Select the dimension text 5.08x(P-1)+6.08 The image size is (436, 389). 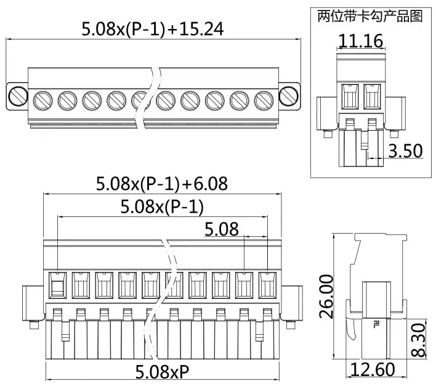point(162,183)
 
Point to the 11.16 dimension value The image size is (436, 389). point(361,41)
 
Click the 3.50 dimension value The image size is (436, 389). point(405,150)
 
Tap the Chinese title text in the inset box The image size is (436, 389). point(369,16)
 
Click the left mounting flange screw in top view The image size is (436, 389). point(18,96)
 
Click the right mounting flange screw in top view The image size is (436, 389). point(288,96)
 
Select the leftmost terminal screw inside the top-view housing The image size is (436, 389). point(42,99)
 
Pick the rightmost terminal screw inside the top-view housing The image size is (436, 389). point(264,99)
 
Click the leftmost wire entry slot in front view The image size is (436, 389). point(57,285)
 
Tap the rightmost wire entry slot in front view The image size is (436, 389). point(267,285)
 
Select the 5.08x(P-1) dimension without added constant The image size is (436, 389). point(162,207)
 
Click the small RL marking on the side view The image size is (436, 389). point(376,323)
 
